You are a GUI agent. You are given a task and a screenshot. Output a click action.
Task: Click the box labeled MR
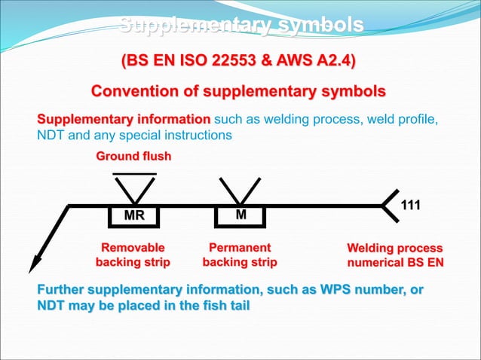[x=134, y=216]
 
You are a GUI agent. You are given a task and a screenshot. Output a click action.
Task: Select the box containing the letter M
[x=240, y=215]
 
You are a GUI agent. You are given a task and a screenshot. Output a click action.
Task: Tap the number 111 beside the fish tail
[x=411, y=206]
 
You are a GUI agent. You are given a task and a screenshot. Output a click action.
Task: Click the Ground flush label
[x=133, y=157]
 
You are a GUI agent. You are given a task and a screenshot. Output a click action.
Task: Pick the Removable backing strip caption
[x=133, y=255]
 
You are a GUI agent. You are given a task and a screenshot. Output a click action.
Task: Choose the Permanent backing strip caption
[x=240, y=255]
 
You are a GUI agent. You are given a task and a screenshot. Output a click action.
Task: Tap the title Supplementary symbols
[x=241, y=26]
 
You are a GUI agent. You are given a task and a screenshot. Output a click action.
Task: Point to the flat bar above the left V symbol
[x=134, y=174]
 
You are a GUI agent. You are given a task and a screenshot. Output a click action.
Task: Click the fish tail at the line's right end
[x=391, y=205]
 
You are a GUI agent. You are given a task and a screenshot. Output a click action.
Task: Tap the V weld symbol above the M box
[x=240, y=191]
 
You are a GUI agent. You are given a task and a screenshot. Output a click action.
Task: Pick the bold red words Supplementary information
[x=124, y=120]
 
